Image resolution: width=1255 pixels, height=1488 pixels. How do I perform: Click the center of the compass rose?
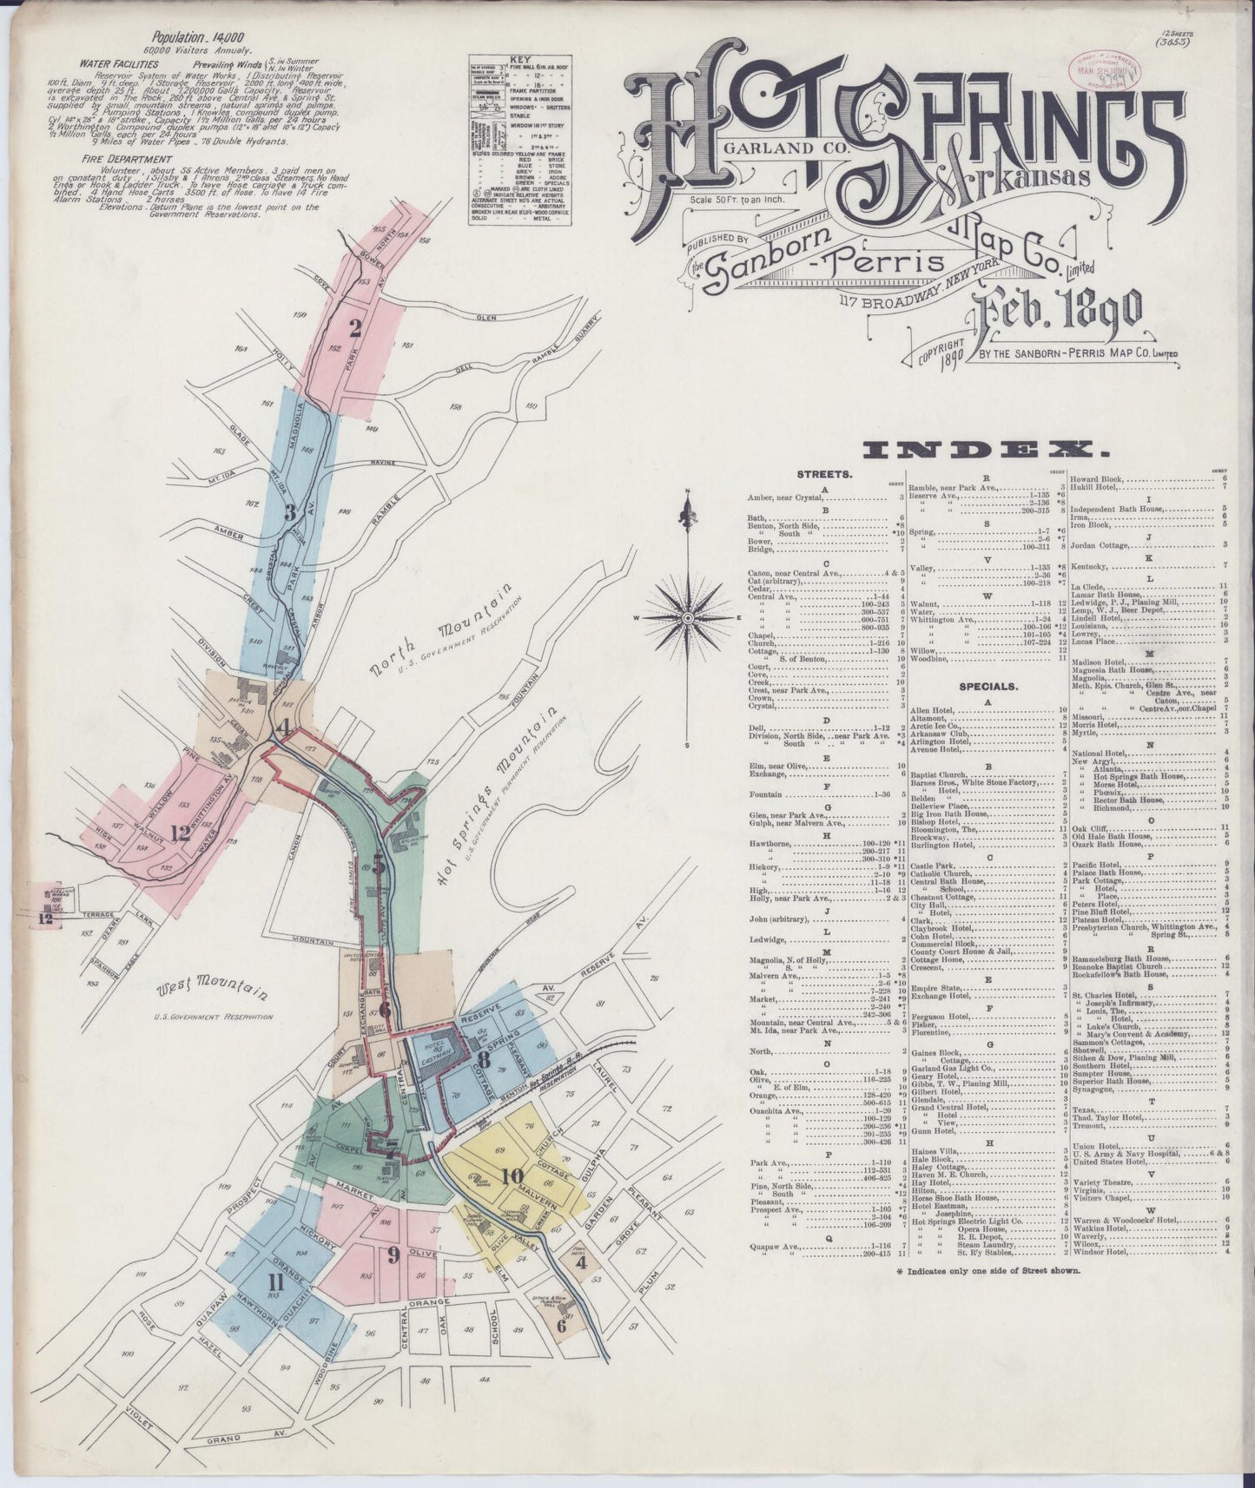[x=687, y=616]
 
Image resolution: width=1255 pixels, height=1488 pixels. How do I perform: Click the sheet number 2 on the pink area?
[x=354, y=328]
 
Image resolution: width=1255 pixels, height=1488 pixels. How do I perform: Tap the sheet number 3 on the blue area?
[x=291, y=512]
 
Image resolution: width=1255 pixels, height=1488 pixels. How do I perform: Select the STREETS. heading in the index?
[x=823, y=475]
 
